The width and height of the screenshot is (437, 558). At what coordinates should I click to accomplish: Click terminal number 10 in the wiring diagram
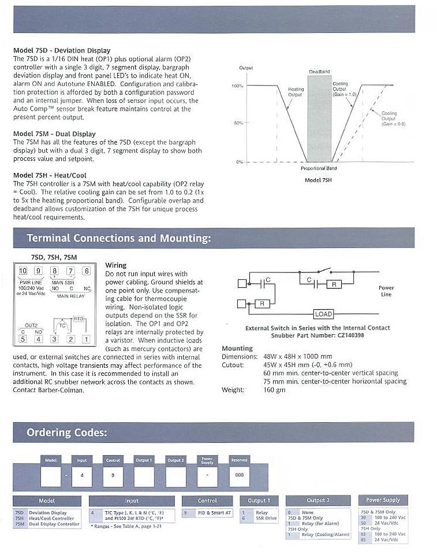pos(23,271)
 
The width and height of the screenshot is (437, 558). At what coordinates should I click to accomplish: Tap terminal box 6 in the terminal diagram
pos(86,271)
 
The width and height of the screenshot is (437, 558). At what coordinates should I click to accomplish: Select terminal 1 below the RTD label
pos(86,339)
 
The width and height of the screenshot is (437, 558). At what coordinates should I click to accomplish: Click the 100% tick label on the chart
pos(237,86)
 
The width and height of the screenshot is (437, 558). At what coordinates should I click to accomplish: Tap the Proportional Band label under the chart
pos(319,168)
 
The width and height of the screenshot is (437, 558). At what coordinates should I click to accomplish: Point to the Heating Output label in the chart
pos(296,92)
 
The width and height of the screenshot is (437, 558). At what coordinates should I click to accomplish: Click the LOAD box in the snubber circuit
pos(323,314)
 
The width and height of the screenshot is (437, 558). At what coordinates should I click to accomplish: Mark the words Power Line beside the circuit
pos(386,291)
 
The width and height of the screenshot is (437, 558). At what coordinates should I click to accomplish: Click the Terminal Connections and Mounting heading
pos(119,238)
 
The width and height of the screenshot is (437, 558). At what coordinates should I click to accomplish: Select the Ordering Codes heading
pos(66,433)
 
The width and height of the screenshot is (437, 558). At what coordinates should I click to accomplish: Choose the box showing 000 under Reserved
pos(239,475)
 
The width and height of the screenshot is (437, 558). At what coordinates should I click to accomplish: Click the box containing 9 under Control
pos(113,475)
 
